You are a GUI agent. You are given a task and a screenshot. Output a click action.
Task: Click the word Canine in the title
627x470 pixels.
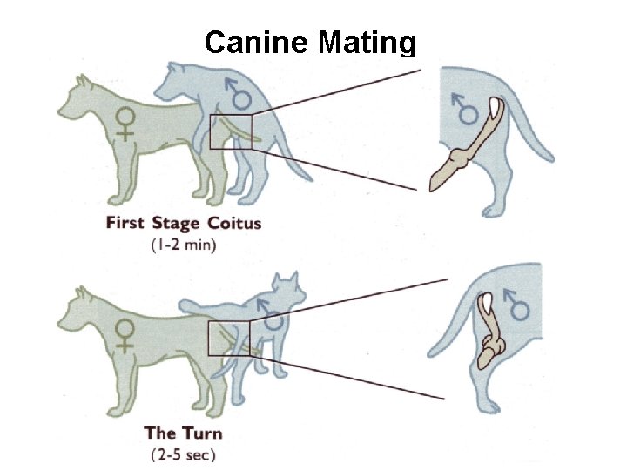tap(257, 42)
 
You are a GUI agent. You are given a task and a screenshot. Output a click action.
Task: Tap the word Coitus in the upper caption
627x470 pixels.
tap(233, 223)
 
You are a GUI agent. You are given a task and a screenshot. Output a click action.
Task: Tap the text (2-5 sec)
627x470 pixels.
tap(183, 453)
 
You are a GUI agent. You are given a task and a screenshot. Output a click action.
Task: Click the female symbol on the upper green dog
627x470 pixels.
tap(126, 124)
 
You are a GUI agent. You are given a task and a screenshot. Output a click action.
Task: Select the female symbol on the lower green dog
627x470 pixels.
tap(126, 335)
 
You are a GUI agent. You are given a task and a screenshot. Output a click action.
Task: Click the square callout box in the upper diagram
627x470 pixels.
tap(231, 131)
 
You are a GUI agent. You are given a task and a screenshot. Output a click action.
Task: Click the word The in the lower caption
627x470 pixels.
tap(160, 433)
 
